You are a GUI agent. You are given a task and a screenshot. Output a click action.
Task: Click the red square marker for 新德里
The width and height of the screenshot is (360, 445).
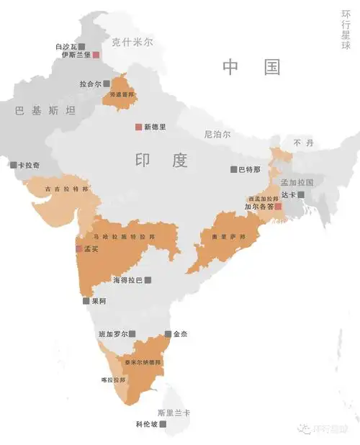click(138, 127)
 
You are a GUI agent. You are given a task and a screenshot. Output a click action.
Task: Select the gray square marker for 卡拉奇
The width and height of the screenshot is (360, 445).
click(13, 165)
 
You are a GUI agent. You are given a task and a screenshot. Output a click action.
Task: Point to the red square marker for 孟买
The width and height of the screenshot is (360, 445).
click(78, 249)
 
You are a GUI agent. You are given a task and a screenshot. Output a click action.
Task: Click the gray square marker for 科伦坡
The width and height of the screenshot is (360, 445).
click(163, 425)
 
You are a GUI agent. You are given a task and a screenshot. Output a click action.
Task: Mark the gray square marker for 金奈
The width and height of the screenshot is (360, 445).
click(168, 334)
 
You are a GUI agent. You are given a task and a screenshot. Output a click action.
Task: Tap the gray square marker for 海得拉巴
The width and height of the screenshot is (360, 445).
click(148, 279)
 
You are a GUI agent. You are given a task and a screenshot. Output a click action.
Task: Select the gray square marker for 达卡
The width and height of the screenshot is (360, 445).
click(301, 194)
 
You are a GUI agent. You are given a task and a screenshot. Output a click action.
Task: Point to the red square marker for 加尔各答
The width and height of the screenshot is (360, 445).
click(278, 207)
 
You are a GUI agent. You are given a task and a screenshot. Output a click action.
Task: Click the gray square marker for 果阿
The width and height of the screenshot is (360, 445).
click(86, 301)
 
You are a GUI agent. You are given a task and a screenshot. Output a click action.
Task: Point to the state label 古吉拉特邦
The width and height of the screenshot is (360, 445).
click(67, 189)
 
